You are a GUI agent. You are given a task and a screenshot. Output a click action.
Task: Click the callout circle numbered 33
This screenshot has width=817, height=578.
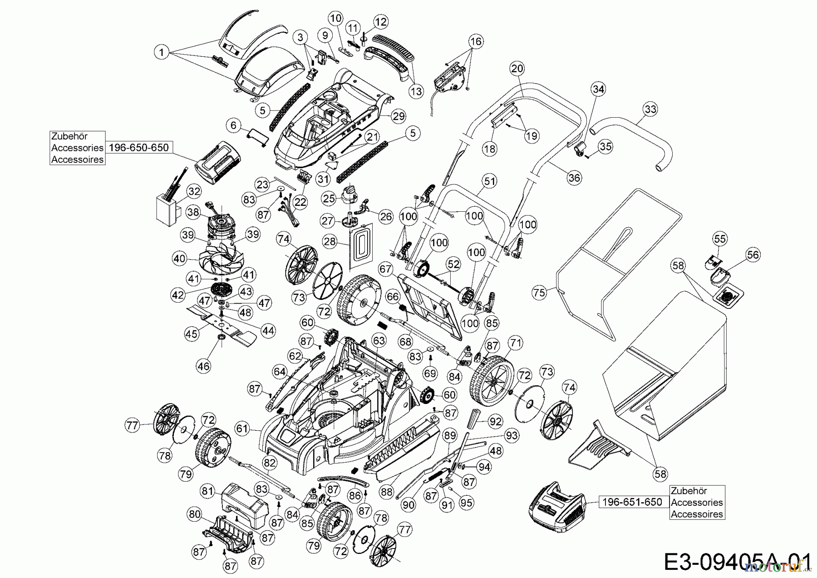650,109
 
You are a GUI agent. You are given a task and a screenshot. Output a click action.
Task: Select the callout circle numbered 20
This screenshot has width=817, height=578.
517,69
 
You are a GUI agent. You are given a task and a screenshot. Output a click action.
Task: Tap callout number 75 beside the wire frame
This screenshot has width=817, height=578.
539,293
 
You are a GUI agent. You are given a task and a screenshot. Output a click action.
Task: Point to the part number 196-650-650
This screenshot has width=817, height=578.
139,147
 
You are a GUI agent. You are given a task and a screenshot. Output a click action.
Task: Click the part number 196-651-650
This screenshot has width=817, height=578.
632,502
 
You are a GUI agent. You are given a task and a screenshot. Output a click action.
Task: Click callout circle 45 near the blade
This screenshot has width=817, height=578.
192,334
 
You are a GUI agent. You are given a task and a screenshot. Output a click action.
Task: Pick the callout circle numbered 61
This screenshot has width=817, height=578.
243,428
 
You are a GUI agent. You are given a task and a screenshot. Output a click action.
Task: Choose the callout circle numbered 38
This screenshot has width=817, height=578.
193,212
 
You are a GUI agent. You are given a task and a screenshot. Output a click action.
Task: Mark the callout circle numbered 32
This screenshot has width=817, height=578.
194,191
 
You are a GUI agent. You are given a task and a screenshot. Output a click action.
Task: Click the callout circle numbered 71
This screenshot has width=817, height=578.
516,342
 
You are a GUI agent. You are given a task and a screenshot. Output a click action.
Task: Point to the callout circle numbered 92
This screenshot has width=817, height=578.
496,421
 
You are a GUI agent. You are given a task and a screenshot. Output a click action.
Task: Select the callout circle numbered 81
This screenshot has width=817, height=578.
208,491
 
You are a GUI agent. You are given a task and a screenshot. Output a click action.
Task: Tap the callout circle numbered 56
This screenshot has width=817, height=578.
753,254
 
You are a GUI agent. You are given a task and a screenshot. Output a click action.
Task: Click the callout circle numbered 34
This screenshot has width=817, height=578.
599,89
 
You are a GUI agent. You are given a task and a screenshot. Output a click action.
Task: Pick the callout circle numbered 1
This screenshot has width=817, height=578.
162,52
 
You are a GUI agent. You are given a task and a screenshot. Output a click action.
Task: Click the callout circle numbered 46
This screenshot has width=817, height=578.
204,366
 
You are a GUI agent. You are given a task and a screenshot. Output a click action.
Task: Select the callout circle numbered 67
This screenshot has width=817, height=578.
385,269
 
